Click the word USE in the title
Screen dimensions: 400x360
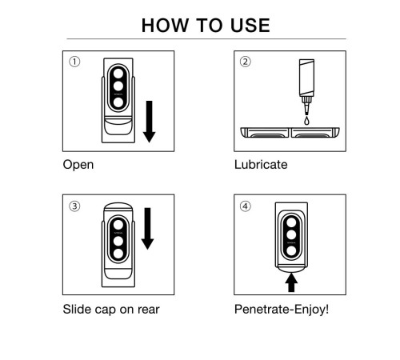pos(250,26)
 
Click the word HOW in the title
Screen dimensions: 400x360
pos(165,26)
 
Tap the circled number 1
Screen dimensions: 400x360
pos(74,62)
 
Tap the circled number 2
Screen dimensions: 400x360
pos(246,62)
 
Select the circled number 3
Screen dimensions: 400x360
pos(74,206)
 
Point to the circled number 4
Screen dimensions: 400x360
pos(246,206)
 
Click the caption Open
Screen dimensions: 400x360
pos(78,165)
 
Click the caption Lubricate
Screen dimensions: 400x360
pos(261,165)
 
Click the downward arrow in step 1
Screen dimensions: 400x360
pos(149,122)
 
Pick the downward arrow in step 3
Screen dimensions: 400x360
pos(147,229)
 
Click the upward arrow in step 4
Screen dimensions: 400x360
pos(291,283)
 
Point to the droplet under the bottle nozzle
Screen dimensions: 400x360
pos(306,121)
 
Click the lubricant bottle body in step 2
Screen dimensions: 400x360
pos(306,78)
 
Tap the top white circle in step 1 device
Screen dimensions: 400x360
pos(118,74)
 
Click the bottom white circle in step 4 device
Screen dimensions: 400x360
pos(291,250)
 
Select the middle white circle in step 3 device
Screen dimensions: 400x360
pos(118,241)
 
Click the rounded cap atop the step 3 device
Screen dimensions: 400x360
pos(118,206)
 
